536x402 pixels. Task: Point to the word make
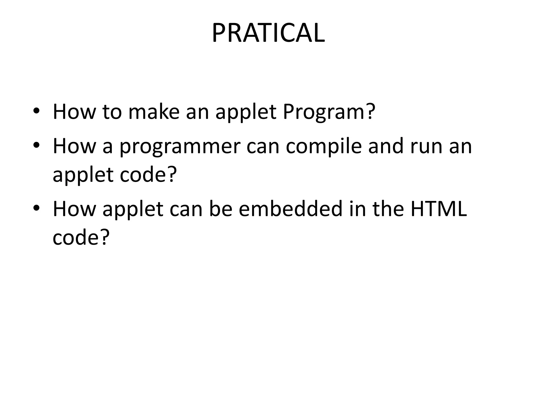(x=154, y=111)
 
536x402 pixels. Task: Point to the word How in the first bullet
(x=74, y=111)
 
